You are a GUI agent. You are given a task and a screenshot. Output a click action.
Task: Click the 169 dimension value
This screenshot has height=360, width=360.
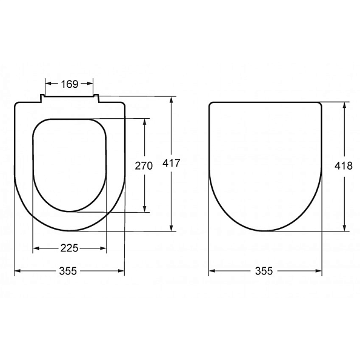[x=70, y=84]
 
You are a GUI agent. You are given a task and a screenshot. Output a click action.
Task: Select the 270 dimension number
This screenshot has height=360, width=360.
[x=144, y=166]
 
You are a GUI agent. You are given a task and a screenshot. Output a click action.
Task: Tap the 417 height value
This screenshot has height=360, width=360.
[x=172, y=163]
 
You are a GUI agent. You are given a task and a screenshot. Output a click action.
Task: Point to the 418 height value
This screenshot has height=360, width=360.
[x=344, y=165]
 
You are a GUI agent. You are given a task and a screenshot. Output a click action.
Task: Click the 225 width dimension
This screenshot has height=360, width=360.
[x=69, y=248]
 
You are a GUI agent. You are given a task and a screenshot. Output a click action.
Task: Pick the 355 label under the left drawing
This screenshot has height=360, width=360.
[x=68, y=271]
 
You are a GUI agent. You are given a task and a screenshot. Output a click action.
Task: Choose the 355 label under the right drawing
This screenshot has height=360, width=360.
[x=264, y=271]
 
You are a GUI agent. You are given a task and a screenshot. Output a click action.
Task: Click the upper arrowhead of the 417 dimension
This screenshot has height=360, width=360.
[x=172, y=100]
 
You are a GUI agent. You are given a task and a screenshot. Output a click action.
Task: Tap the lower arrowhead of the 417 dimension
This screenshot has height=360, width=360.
[x=172, y=227]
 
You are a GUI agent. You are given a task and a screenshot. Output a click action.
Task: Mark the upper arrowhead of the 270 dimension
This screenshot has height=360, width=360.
[x=144, y=122]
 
